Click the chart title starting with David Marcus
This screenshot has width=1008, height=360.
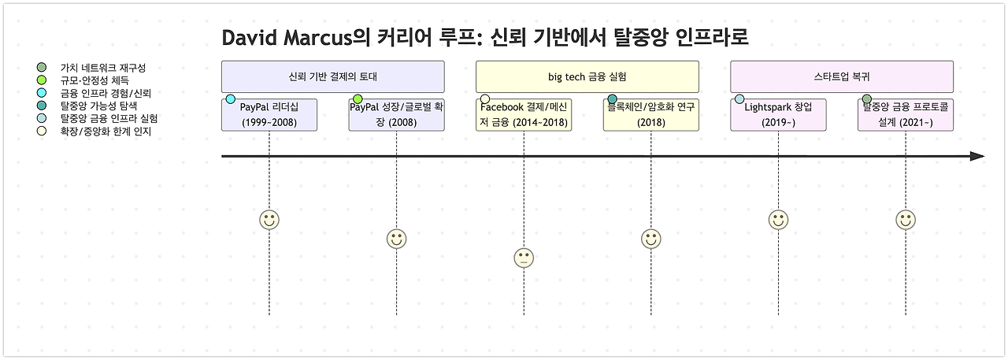click(484, 38)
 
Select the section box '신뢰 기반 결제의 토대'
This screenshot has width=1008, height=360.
click(333, 77)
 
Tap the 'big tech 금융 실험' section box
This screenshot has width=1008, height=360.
click(587, 77)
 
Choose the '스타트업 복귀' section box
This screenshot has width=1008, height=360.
click(842, 77)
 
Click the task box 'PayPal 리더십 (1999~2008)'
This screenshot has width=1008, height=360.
click(269, 115)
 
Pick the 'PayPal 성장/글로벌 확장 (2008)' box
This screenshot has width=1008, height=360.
click(397, 115)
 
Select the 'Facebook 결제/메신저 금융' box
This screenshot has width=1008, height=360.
click(524, 115)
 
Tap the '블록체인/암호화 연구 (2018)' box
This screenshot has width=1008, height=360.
click(651, 115)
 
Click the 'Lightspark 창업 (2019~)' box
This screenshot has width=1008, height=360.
click(778, 115)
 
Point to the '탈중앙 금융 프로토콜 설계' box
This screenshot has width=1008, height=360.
click(906, 115)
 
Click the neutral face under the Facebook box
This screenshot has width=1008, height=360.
click(524, 258)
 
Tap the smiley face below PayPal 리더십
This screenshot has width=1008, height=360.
click(269, 220)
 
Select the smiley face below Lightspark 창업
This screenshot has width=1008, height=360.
click(778, 220)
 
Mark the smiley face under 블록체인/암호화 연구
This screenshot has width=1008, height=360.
click(651, 239)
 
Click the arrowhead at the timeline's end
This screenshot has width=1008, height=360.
click(977, 157)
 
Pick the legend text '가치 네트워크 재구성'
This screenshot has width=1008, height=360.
click(102, 68)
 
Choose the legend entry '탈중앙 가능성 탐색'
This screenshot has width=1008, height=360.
click(98, 106)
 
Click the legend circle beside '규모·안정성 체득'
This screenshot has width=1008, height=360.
click(42, 80)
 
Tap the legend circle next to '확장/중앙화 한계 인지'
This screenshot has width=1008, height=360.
click(42, 131)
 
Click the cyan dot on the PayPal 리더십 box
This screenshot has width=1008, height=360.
click(231, 99)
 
